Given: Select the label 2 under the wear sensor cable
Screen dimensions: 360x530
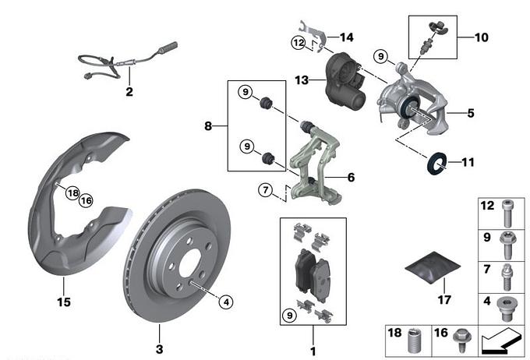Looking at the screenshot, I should tap(129, 91).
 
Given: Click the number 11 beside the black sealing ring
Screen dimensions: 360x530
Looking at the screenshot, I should tap(468, 163).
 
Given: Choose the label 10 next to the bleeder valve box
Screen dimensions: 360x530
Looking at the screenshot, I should tap(481, 36).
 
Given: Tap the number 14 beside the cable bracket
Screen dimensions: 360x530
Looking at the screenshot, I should tap(346, 37).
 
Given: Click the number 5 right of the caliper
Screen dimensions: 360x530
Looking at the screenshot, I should tap(470, 113).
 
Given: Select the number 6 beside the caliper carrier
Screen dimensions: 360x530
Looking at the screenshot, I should tap(351, 178).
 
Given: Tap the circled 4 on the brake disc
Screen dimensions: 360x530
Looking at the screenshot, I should tap(225, 301).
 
